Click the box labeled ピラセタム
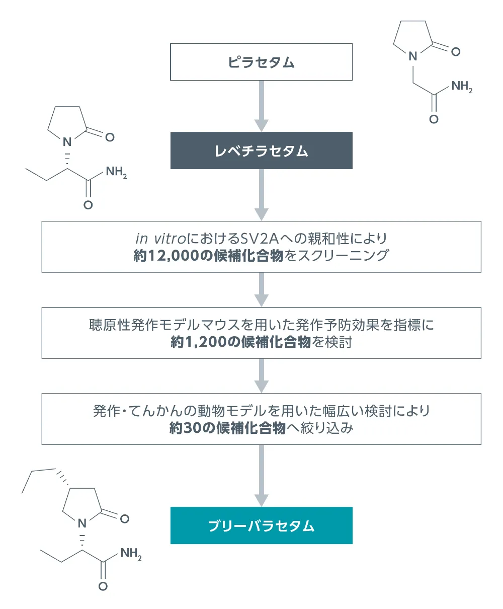[x=261, y=62]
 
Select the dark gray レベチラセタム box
[x=261, y=150]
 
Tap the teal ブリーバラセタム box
[x=261, y=525]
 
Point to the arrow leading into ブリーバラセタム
[x=261, y=476]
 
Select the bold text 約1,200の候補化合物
[x=240, y=342]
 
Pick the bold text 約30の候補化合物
[x=227, y=429]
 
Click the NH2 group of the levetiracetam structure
[x=116, y=173]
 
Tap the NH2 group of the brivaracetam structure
[x=131, y=555]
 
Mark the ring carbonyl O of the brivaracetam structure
[x=124, y=518]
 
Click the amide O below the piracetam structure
[x=434, y=119]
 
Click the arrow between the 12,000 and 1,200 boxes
[x=261, y=290]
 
